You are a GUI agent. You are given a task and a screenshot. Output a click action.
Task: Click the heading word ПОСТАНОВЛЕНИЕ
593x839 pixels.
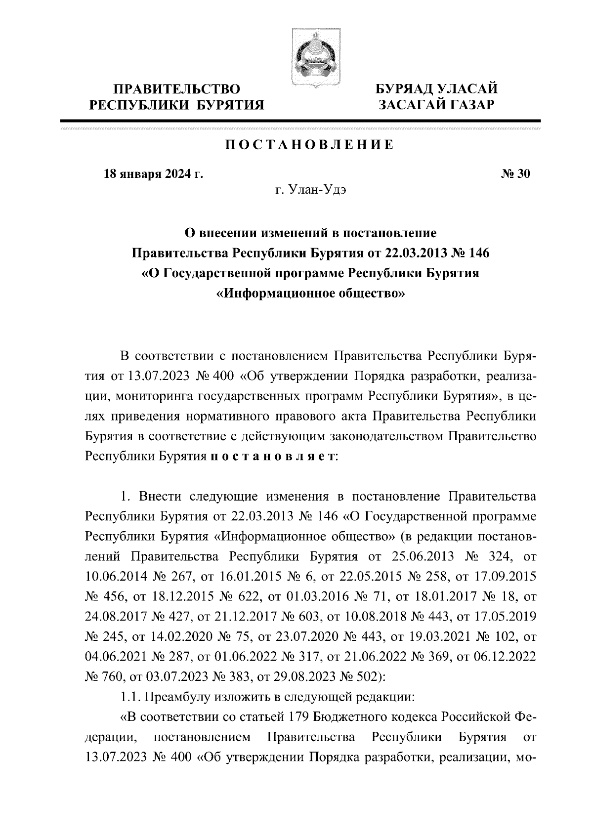point(310,145)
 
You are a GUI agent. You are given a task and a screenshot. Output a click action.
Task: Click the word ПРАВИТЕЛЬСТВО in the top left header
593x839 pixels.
point(177,89)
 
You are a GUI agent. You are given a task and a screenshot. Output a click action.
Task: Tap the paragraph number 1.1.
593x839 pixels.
point(130,697)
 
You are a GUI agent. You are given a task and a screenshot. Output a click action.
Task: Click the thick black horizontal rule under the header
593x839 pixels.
point(300,121)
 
